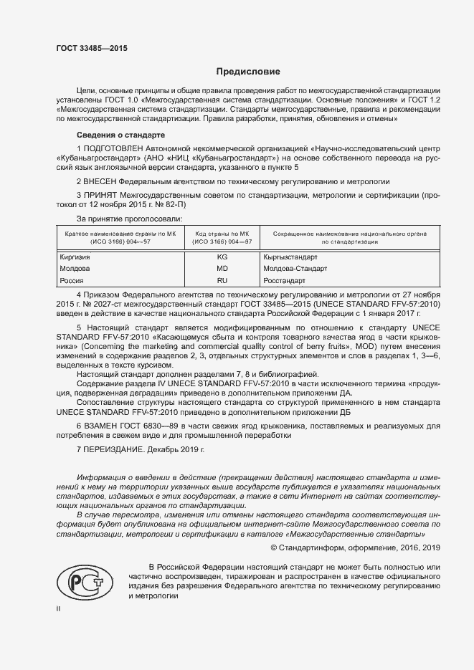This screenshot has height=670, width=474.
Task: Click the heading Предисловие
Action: (x=249, y=72)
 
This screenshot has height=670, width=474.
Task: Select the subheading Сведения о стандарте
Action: (x=120, y=135)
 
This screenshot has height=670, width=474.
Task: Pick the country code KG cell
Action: (x=222, y=255)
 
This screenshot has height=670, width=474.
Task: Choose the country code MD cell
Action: (x=222, y=268)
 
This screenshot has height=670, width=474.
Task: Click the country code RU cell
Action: (x=222, y=281)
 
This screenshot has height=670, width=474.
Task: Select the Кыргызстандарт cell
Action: (x=288, y=255)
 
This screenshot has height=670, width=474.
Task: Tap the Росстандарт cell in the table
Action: (x=285, y=281)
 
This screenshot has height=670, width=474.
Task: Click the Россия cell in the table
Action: (x=70, y=281)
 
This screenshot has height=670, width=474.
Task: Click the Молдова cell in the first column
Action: (x=72, y=268)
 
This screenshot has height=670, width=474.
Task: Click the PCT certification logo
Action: (x=82, y=582)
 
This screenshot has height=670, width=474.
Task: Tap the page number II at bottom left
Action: (x=59, y=608)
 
